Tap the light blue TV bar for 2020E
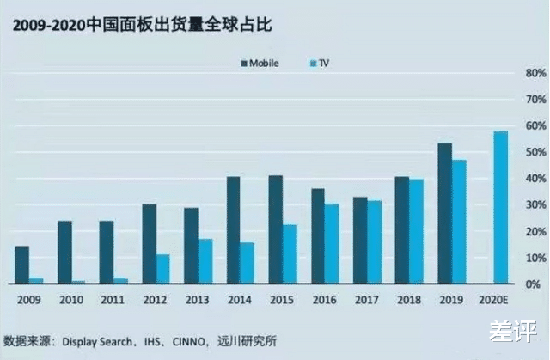(x=500, y=207)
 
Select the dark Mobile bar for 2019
(x=444, y=213)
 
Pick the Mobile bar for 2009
(x=21, y=265)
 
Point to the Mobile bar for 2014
(x=233, y=229)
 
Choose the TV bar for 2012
(x=162, y=269)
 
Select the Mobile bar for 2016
(x=318, y=236)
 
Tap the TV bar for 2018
(x=416, y=231)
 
